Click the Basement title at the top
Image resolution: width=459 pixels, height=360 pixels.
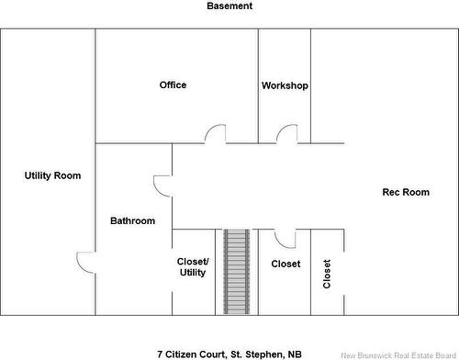[229, 6]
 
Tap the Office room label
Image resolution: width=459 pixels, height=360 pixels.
[173, 84]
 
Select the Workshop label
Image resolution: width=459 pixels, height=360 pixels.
[285, 85]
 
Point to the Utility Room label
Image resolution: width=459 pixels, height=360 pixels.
[52, 175]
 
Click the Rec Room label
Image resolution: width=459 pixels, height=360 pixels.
[406, 192]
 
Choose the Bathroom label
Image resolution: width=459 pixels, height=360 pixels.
[132, 220]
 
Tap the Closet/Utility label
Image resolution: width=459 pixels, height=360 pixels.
[193, 267]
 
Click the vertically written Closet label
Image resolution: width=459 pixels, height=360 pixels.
[327, 274]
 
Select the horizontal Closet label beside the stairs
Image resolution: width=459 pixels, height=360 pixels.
[285, 264]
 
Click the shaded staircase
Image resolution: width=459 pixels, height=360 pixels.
[237, 272]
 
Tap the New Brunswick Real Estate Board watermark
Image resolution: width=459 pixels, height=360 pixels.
[398, 355]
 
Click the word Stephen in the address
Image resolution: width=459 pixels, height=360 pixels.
[264, 354]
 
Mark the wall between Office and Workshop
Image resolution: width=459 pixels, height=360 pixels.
[259, 86]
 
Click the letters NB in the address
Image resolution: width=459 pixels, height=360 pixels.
[295, 354]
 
